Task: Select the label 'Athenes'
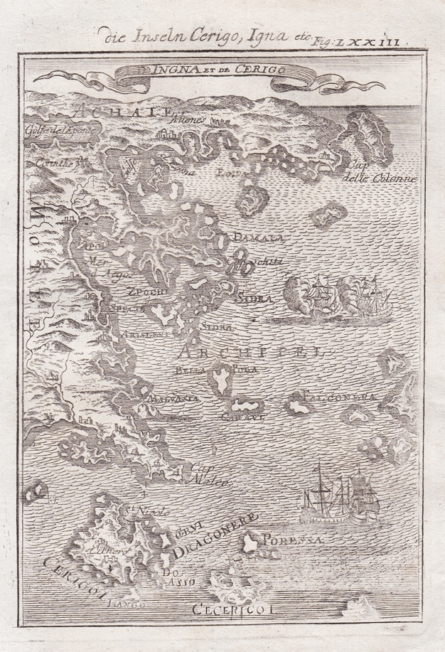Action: (x=186, y=121)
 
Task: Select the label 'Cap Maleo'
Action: (x=206, y=476)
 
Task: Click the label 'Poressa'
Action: (x=286, y=541)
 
